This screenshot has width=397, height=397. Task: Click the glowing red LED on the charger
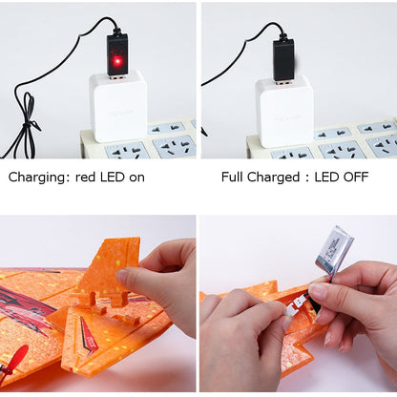click(x=117, y=61)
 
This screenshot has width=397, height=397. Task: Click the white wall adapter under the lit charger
click(x=118, y=107)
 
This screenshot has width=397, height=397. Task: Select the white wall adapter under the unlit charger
click(x=284, y=112)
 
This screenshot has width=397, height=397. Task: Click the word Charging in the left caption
click(x=37, y=178)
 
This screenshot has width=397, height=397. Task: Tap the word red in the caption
click(x=85, y=178)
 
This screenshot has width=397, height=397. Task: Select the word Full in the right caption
click(x=233, y=177)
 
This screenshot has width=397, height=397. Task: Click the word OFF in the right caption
click(x=357, y=177)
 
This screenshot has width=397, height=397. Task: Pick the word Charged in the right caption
click(x=273, y=178)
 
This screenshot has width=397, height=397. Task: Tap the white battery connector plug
click(x=293, y=309)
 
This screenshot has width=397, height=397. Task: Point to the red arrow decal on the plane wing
click(x=87, y=338)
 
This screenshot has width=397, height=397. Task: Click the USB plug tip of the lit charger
click(x=117, y=77)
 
